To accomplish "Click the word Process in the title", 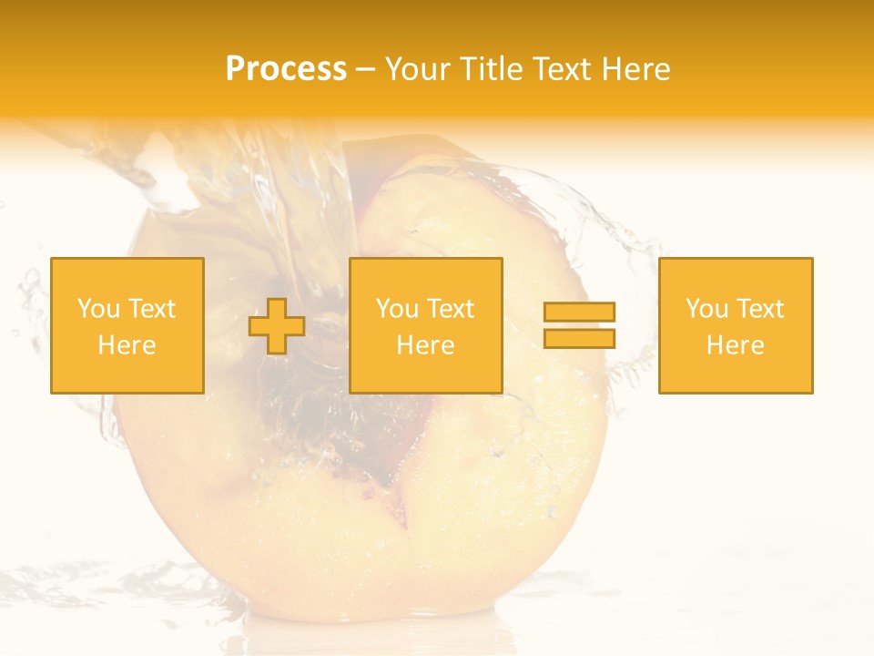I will tap(286, 69).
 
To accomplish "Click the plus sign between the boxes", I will tap(277, 326).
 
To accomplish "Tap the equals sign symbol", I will tap(579, 325).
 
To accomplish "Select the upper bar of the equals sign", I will tap(579, 313).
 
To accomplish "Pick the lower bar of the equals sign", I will tap(579, 338).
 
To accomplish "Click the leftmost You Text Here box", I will tap(127, 325).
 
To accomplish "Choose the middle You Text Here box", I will tap(426, 325).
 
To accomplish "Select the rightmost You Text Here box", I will tap(736, 325).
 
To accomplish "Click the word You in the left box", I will tap(98, 309).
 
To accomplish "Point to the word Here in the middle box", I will tap(426, 345).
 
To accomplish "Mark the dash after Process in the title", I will tap(365, 70).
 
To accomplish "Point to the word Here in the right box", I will tap(736, 345).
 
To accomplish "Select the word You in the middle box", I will tap(397, 309).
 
